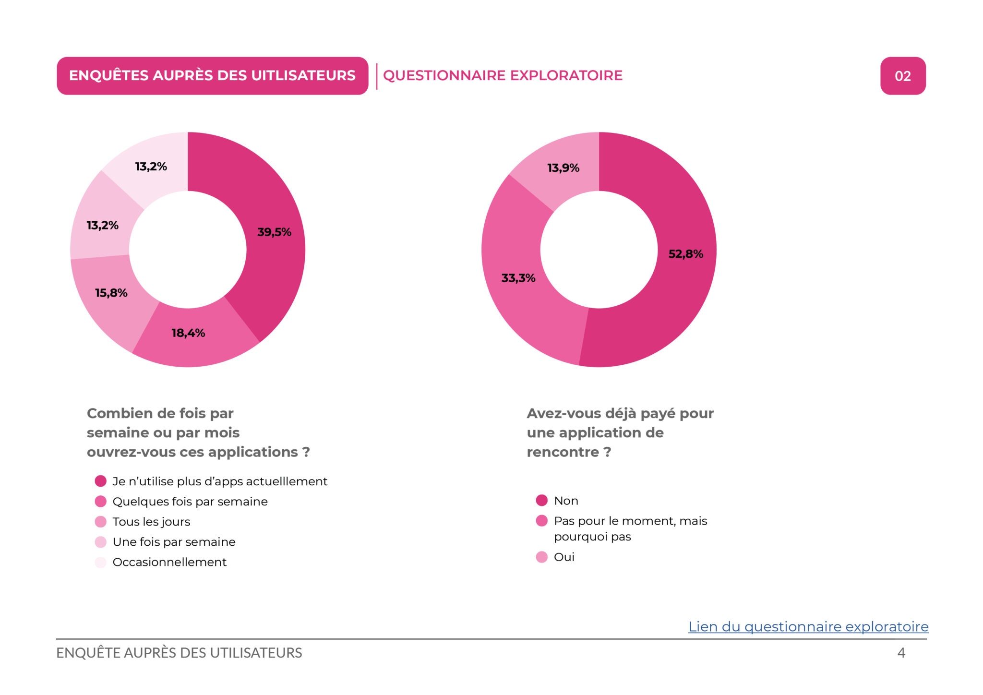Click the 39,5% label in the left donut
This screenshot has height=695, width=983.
coord(274,232)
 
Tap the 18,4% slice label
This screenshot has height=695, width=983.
coord(188,333)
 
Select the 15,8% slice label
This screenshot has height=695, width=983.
coord(111,293)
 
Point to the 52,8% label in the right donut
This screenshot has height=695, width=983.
coord(685,254)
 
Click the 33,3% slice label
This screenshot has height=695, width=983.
coord(518,278)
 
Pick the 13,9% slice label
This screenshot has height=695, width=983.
coord(563,168)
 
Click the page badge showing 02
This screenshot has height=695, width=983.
coord(902,76)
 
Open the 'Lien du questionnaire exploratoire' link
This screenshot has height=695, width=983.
coord(808,626)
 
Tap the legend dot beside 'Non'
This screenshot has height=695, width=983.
coord(541,501)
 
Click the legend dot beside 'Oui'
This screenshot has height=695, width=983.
coord(541,557)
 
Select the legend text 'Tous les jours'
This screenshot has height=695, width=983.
coord(151,522)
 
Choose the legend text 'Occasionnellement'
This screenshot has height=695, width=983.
coord(169,562)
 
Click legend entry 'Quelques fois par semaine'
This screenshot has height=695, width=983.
coord(190,502)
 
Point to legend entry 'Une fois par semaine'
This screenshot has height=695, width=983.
coord(174,542)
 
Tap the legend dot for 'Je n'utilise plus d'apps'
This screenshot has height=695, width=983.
coord(100,481)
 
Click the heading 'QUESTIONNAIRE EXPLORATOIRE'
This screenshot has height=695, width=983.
coord(503,75)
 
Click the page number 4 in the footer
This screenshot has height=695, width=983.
coord(901,653)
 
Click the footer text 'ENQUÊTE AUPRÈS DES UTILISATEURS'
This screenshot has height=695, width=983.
coord(179,653)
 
